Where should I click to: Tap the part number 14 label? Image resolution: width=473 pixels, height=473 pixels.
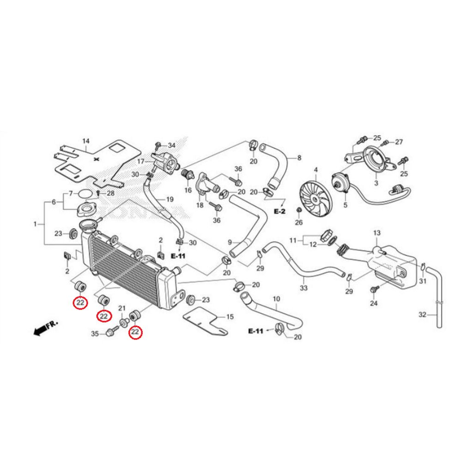85,141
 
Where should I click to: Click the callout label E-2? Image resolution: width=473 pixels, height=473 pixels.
280,211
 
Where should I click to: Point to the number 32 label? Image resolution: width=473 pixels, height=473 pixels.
422,315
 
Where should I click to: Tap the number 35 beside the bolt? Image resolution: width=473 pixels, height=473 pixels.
95,334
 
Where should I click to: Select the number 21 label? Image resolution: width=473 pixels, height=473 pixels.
122,309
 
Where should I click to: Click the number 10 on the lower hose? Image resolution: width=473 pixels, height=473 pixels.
276,299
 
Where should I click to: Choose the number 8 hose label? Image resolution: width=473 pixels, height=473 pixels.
299,158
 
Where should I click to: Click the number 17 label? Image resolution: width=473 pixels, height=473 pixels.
141,161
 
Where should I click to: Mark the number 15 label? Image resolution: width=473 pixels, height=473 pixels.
230,317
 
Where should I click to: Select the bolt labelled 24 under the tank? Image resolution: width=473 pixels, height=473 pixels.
373,289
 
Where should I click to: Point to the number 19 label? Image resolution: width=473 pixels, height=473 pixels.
170,200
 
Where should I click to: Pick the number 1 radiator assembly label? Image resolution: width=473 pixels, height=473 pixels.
36,224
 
